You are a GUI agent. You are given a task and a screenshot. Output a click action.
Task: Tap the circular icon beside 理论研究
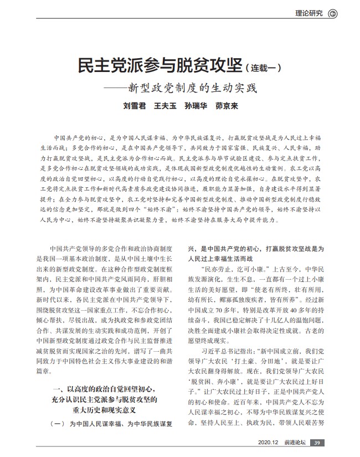333,14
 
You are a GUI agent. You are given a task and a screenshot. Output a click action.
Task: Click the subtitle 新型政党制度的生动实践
193,88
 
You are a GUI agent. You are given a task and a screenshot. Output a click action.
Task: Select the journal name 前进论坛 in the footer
294,442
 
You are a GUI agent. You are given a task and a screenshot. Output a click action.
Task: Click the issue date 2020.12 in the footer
268,442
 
